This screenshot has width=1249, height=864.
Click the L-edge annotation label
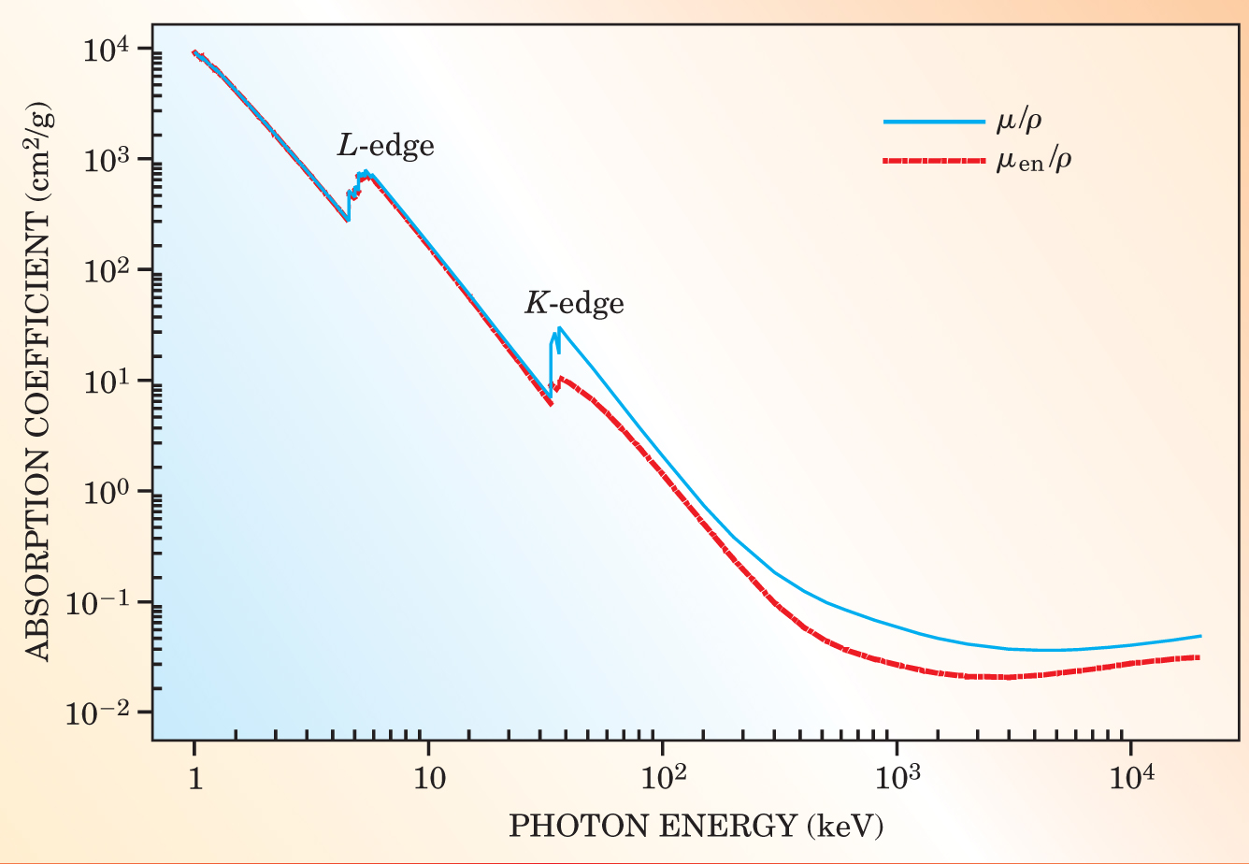pyautogui.click(x=385, y=147)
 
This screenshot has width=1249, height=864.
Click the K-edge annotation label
pyautogui.click(x=573, y=303)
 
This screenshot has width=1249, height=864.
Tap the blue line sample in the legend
pyautogui.click(x=932, y=122)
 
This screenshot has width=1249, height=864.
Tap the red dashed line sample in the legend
pyautogui.click(x=932, y=161)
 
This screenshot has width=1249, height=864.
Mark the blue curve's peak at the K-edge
pyautogui.click(x=559, y=328)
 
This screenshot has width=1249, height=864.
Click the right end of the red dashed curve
pyautogui.click(x=1199, y=657)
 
